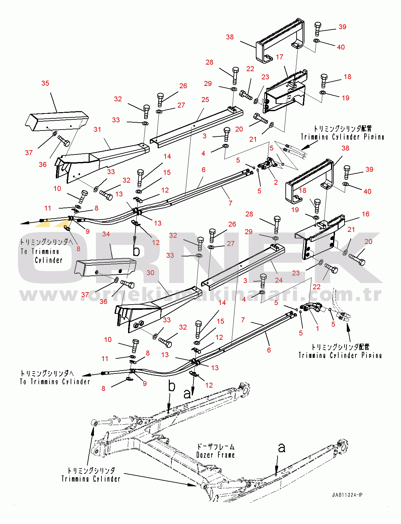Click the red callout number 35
(45, 83)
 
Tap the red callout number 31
(97, 130)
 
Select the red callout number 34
(106, 234)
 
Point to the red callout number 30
(150, 273)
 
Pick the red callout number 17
(279, 57)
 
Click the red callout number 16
(366, 214)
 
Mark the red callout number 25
(205, 100)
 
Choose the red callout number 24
(278, 280)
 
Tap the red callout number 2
(276, 182)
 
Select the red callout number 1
(317, 328)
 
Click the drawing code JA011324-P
(347, 495)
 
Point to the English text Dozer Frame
(215, 455)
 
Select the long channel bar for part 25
(197, 126)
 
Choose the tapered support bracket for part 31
(105, 157)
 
